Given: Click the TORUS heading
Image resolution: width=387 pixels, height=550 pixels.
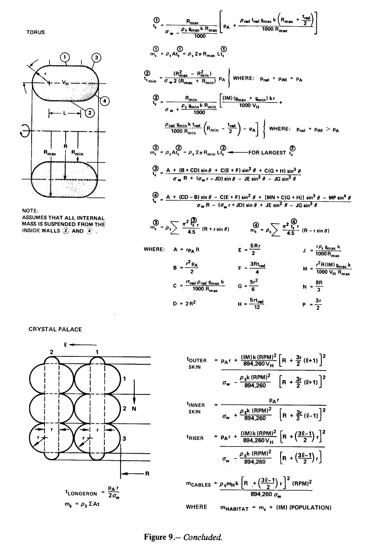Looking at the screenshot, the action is point(36,32).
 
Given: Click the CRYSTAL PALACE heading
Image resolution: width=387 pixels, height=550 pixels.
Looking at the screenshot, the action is point(55,329).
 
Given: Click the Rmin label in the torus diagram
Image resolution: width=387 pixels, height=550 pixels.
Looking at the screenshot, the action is point(77,153).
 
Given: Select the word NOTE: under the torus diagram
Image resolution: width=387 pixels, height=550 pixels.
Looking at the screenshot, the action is point(30,211).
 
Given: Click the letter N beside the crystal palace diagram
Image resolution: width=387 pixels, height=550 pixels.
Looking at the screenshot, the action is point(134,408).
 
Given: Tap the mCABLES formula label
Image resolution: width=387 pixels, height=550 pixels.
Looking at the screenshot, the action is point(199,484).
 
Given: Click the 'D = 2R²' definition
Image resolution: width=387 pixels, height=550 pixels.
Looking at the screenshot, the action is point(185,304).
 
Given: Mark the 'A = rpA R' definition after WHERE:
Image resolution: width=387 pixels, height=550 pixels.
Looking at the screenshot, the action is point(187,250).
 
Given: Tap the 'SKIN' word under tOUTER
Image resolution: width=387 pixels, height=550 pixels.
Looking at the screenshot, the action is point(195,367).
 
